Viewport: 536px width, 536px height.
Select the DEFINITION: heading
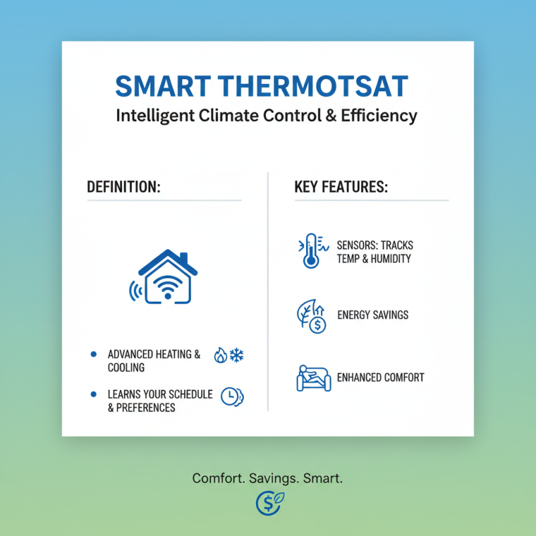(124, 187)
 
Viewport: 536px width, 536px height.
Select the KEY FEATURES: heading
(341, 187)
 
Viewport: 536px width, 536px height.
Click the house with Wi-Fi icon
(163, 277)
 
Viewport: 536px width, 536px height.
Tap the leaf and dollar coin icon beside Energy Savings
(310, 316)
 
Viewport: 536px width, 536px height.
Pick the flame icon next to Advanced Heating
(220, 355)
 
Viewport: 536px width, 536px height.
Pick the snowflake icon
(237, 355)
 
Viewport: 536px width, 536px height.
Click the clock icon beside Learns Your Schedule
(230, 396)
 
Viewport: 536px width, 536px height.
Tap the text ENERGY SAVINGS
(373, 314)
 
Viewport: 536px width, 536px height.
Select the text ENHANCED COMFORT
(381, 377)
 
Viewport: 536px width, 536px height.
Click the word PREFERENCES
(145, 407)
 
